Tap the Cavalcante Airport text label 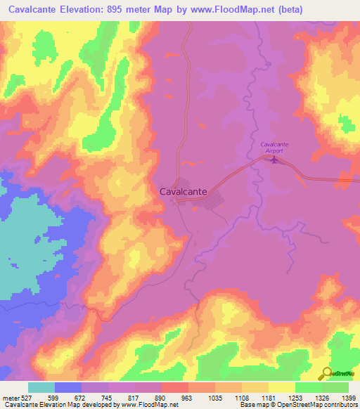(x=271, y=148)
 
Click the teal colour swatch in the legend (x=41, y=387)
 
